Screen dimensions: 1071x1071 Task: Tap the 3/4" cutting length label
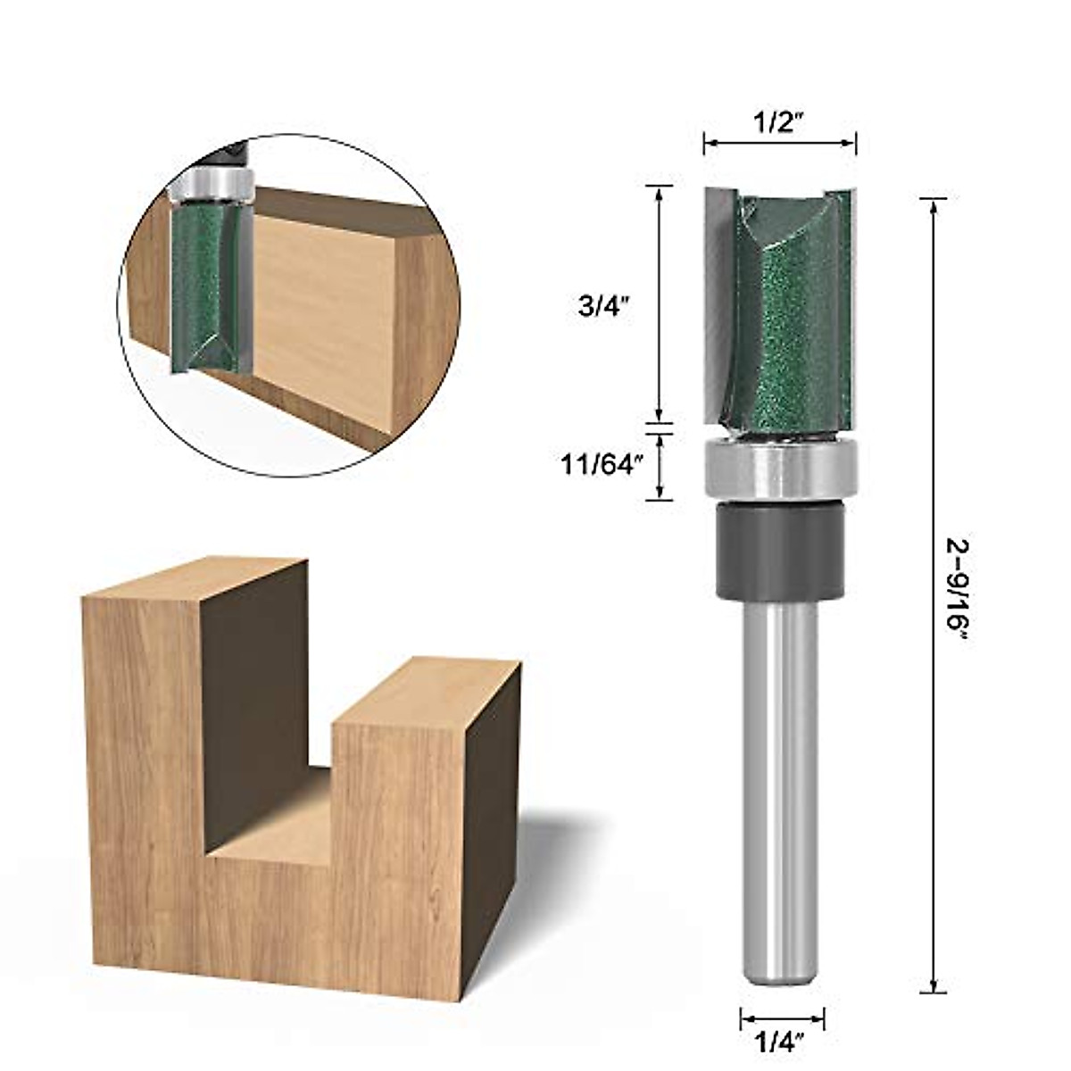[604, 307]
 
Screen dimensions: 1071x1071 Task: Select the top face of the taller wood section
[196, 580]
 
